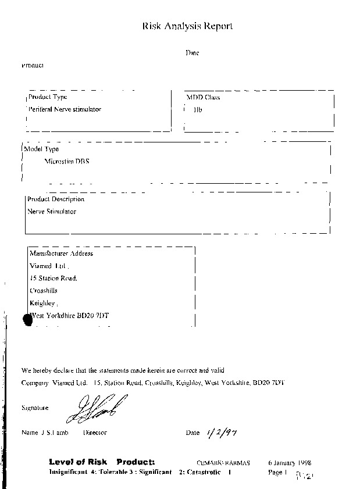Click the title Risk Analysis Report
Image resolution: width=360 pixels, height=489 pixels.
(x=188, y=26)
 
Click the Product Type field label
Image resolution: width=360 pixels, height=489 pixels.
(x=48, y=97)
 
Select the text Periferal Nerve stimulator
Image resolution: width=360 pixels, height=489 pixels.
(x=65, y=109)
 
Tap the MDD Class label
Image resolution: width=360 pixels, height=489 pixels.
(x=203, y=98)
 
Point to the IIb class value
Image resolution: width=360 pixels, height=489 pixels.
(x=198, y=109)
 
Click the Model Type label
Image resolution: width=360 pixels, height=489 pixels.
(x=41, y=149)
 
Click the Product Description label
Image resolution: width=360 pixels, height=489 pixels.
(x=56, y=199)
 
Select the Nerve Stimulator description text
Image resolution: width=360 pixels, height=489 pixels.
(x=52, y=212)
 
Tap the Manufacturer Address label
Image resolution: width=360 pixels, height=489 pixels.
(x=61, y=254)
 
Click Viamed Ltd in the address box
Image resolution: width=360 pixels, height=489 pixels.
(x=49, y=266)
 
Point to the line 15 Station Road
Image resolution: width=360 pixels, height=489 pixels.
(x=54, y=278)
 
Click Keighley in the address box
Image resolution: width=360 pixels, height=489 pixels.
(x=43, y=303)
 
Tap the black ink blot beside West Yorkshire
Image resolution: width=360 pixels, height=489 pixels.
(x=26, y=319)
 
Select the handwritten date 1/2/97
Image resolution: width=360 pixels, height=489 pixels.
(x=215, y=432)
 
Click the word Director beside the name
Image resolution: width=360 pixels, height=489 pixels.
(x=95, y=433)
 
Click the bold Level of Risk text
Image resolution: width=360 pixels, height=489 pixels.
(x=75, y=462)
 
